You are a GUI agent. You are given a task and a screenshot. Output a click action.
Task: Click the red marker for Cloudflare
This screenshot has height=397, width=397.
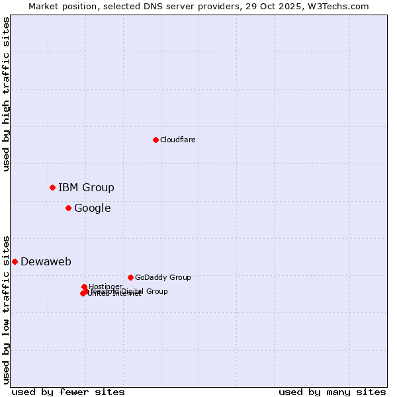[x=155, y=140]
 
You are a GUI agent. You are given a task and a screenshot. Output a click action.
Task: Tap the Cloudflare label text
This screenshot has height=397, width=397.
[x=177, y=140]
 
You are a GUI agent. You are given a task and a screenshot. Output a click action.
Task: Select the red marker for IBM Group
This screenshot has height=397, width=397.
[x=52, y=187]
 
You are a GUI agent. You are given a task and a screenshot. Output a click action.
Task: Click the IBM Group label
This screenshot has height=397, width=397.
[x=86, y=187]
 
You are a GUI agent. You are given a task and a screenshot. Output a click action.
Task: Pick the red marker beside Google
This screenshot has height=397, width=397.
[x=68, y=208]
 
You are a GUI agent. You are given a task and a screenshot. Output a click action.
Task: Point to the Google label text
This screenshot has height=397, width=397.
[x=92, y=208]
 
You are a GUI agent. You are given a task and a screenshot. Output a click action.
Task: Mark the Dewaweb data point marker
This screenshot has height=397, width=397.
[x=15, y=261]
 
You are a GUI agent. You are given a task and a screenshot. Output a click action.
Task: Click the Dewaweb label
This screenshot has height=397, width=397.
[x=46, y=261]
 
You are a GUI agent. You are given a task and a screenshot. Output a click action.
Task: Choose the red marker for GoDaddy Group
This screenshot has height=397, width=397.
[x=130, y=277]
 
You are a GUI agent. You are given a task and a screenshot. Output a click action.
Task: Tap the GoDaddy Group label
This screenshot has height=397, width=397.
[x=162, y=277]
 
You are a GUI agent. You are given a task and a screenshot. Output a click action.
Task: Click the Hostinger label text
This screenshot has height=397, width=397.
[x=105, y=287]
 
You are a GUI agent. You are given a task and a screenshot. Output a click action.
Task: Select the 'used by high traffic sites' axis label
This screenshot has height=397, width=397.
[x=6, y=94]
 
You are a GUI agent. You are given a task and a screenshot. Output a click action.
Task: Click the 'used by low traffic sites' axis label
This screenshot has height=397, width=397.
[x=6, y=309]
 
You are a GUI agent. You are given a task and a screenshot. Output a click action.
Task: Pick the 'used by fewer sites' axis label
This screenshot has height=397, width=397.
[x=68, y=392]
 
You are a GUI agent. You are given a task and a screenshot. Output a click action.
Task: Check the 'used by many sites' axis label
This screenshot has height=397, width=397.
[x=332, y=392]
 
